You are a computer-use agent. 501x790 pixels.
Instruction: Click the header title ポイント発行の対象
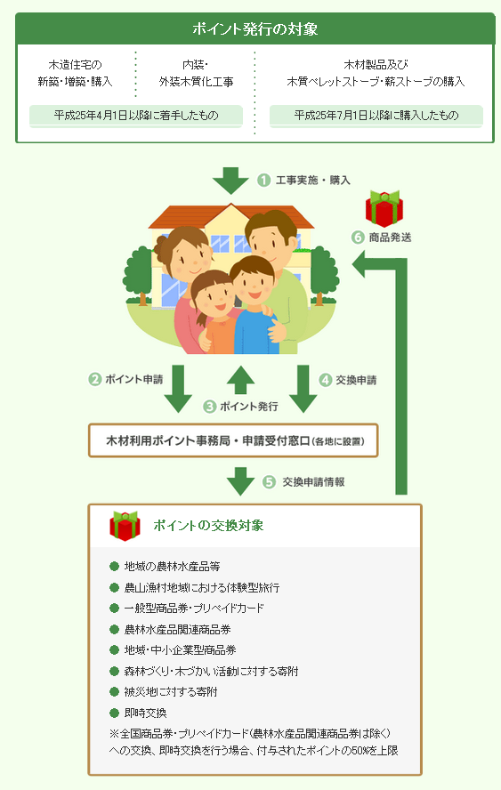255,28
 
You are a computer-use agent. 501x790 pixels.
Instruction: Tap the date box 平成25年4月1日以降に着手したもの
136,116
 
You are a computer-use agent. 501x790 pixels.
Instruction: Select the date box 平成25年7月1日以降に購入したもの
376,116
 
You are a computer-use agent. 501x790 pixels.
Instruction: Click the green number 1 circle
263,180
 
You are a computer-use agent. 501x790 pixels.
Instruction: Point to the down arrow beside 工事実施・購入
230,180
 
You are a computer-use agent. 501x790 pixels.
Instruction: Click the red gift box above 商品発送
384,208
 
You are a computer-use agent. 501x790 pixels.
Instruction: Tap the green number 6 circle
358,238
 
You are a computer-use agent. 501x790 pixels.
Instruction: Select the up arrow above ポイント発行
240,379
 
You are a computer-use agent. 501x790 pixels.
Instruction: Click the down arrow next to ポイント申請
178,389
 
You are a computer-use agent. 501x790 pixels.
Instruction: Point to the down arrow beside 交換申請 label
303,389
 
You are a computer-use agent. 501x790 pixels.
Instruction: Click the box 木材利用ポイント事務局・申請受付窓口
233,441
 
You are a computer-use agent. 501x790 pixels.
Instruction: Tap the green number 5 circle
269,482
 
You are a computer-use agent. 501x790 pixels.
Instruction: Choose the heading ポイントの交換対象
208,526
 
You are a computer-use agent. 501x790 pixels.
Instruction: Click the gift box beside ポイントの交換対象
125,526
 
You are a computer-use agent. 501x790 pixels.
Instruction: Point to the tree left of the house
138,276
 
